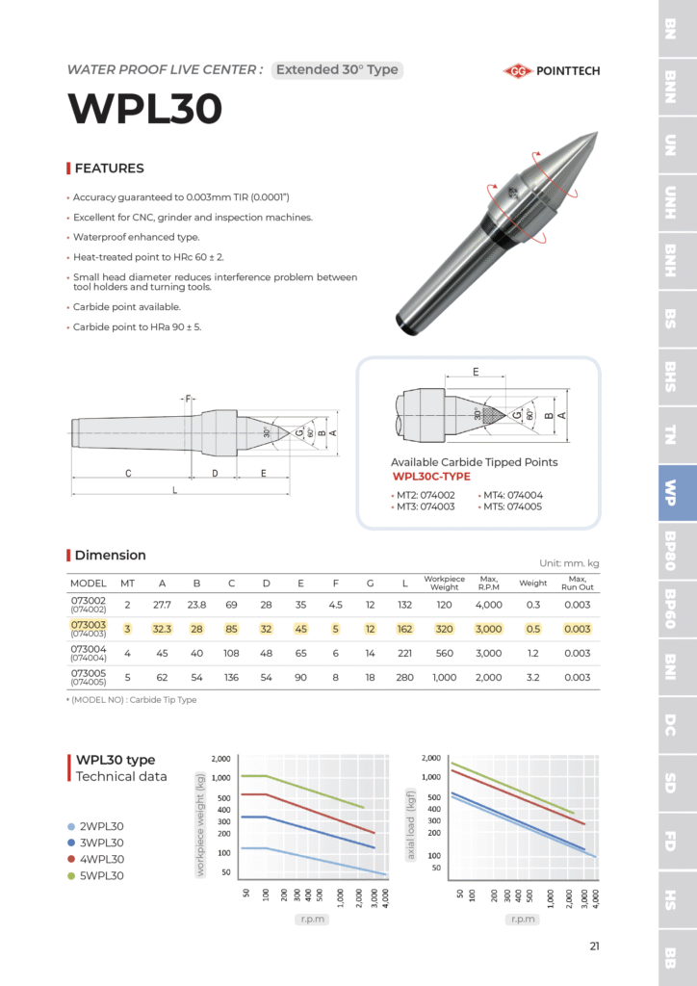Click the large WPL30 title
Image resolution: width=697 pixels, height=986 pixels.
(x=144, y=109)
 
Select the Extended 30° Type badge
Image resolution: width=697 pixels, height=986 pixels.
(x=336, y=69)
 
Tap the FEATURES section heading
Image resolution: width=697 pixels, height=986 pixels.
(x=109, y=169)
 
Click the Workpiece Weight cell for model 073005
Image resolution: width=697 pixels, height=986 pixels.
(x=444, y=677)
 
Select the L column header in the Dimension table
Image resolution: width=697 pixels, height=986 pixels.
(x=403, y=583)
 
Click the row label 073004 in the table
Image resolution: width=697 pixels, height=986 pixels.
(x=88, y=649)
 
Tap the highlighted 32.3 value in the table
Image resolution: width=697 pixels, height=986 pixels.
(x=162, y=629)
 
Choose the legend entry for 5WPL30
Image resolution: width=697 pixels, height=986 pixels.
(x=100, y=875)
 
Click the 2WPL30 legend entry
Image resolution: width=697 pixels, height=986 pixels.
(x=100, y=826)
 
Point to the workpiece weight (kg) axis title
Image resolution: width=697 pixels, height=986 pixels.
(x=201, y=826)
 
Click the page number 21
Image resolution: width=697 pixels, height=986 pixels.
(x=594, y=946)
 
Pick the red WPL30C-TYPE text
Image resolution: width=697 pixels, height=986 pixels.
(x=431, y=477)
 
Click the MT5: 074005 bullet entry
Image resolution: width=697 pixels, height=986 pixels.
(x=514, y=506)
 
